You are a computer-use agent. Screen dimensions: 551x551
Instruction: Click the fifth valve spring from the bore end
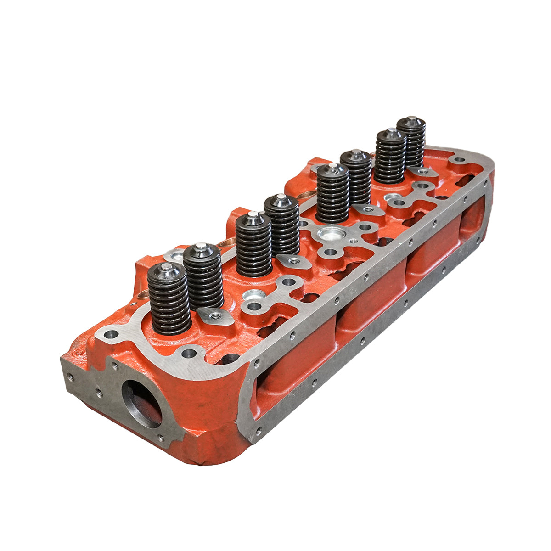[332, 193]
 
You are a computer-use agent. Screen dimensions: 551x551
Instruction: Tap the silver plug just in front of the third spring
[252, 295]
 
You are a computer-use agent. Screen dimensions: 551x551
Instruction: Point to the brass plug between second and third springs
[226, 242]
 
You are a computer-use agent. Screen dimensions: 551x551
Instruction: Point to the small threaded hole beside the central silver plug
[353, 241]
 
